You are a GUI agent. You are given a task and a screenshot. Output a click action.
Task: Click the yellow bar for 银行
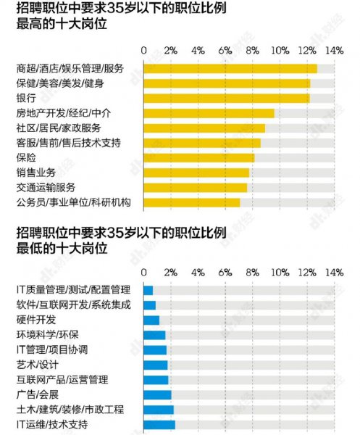point(227,98)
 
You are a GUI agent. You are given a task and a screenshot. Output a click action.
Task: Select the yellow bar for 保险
point(199,157)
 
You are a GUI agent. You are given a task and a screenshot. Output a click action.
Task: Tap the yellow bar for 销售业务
point(196,173)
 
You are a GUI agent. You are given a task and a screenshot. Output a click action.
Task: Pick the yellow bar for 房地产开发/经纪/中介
point(209,113)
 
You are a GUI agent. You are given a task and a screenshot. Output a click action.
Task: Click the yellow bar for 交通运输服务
point(196,187)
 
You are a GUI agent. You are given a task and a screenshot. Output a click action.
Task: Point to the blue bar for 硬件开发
point(151,320)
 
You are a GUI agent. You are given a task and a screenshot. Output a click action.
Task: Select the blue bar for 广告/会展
point(157,394)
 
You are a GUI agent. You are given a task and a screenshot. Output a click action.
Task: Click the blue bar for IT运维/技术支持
point(159,424)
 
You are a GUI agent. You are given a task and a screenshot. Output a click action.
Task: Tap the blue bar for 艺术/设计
point(156,365)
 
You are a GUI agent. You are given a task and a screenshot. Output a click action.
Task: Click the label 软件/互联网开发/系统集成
point(73,305)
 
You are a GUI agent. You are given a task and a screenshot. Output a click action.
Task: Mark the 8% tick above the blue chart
point(252,273)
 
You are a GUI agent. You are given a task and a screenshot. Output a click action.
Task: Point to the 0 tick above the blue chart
point(144,273)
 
